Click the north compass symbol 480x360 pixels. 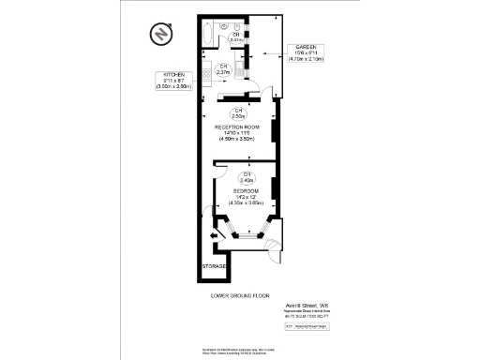click(162, 34)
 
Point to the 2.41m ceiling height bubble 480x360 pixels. click(237, 38)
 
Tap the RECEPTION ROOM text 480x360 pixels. click(239, 127)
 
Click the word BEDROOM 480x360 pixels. click(248, 190)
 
